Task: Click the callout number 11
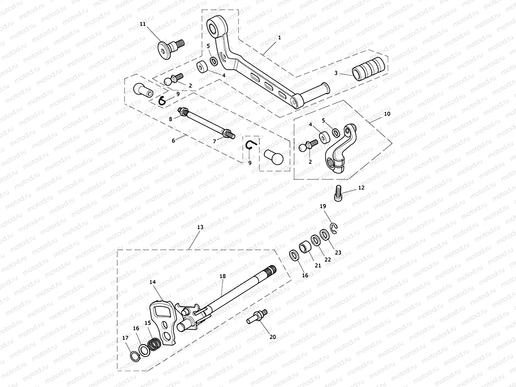[143, 24]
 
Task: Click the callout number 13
[200, 227]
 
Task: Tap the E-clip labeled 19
[334, 229]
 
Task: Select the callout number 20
[272, 337]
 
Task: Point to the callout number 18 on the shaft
[223, 276]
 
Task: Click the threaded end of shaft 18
[272, 270]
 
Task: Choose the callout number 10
[387, 114]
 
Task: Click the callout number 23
[338, 252]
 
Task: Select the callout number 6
[173, 141]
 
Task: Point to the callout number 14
[153, 282]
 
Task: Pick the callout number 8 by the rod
[170, 119]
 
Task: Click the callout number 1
[279, 38]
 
